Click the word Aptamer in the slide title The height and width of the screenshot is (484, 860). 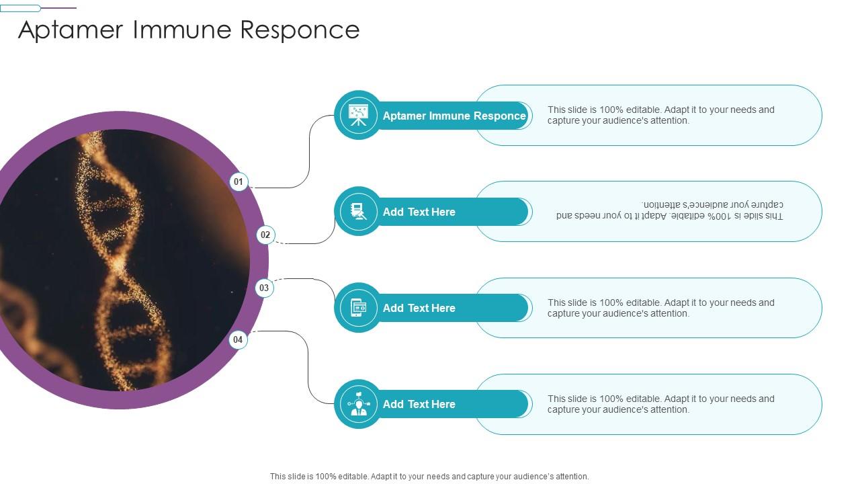(x=72, y=30)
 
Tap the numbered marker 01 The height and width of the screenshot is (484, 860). (x=239, y=182)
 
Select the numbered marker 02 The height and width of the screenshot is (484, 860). (x=265, y=235)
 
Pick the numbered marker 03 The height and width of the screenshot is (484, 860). (x=264, y=288)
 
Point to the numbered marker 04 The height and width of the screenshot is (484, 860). (x=238, y=339)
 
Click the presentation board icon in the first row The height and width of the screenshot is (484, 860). (x=358, y=115)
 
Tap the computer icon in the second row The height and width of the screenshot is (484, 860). (x=358, y=212)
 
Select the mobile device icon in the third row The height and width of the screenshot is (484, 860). (x=358, y=308)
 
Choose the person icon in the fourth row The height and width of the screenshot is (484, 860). (x=358, y=404)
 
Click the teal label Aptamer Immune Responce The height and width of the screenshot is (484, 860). (x=454, y=116)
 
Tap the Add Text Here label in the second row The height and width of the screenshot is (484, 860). (x=419, y=212)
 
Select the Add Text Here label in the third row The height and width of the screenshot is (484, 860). (x=419, y=308)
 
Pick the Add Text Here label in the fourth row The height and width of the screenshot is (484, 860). (x=419, y=404)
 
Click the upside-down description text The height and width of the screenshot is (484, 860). (x=669, y=210)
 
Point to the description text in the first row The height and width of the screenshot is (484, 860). (x=660, y=115)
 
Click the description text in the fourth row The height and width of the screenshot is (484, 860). (x=660, y=404)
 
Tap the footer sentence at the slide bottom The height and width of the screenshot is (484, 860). (x=429, y=476)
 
